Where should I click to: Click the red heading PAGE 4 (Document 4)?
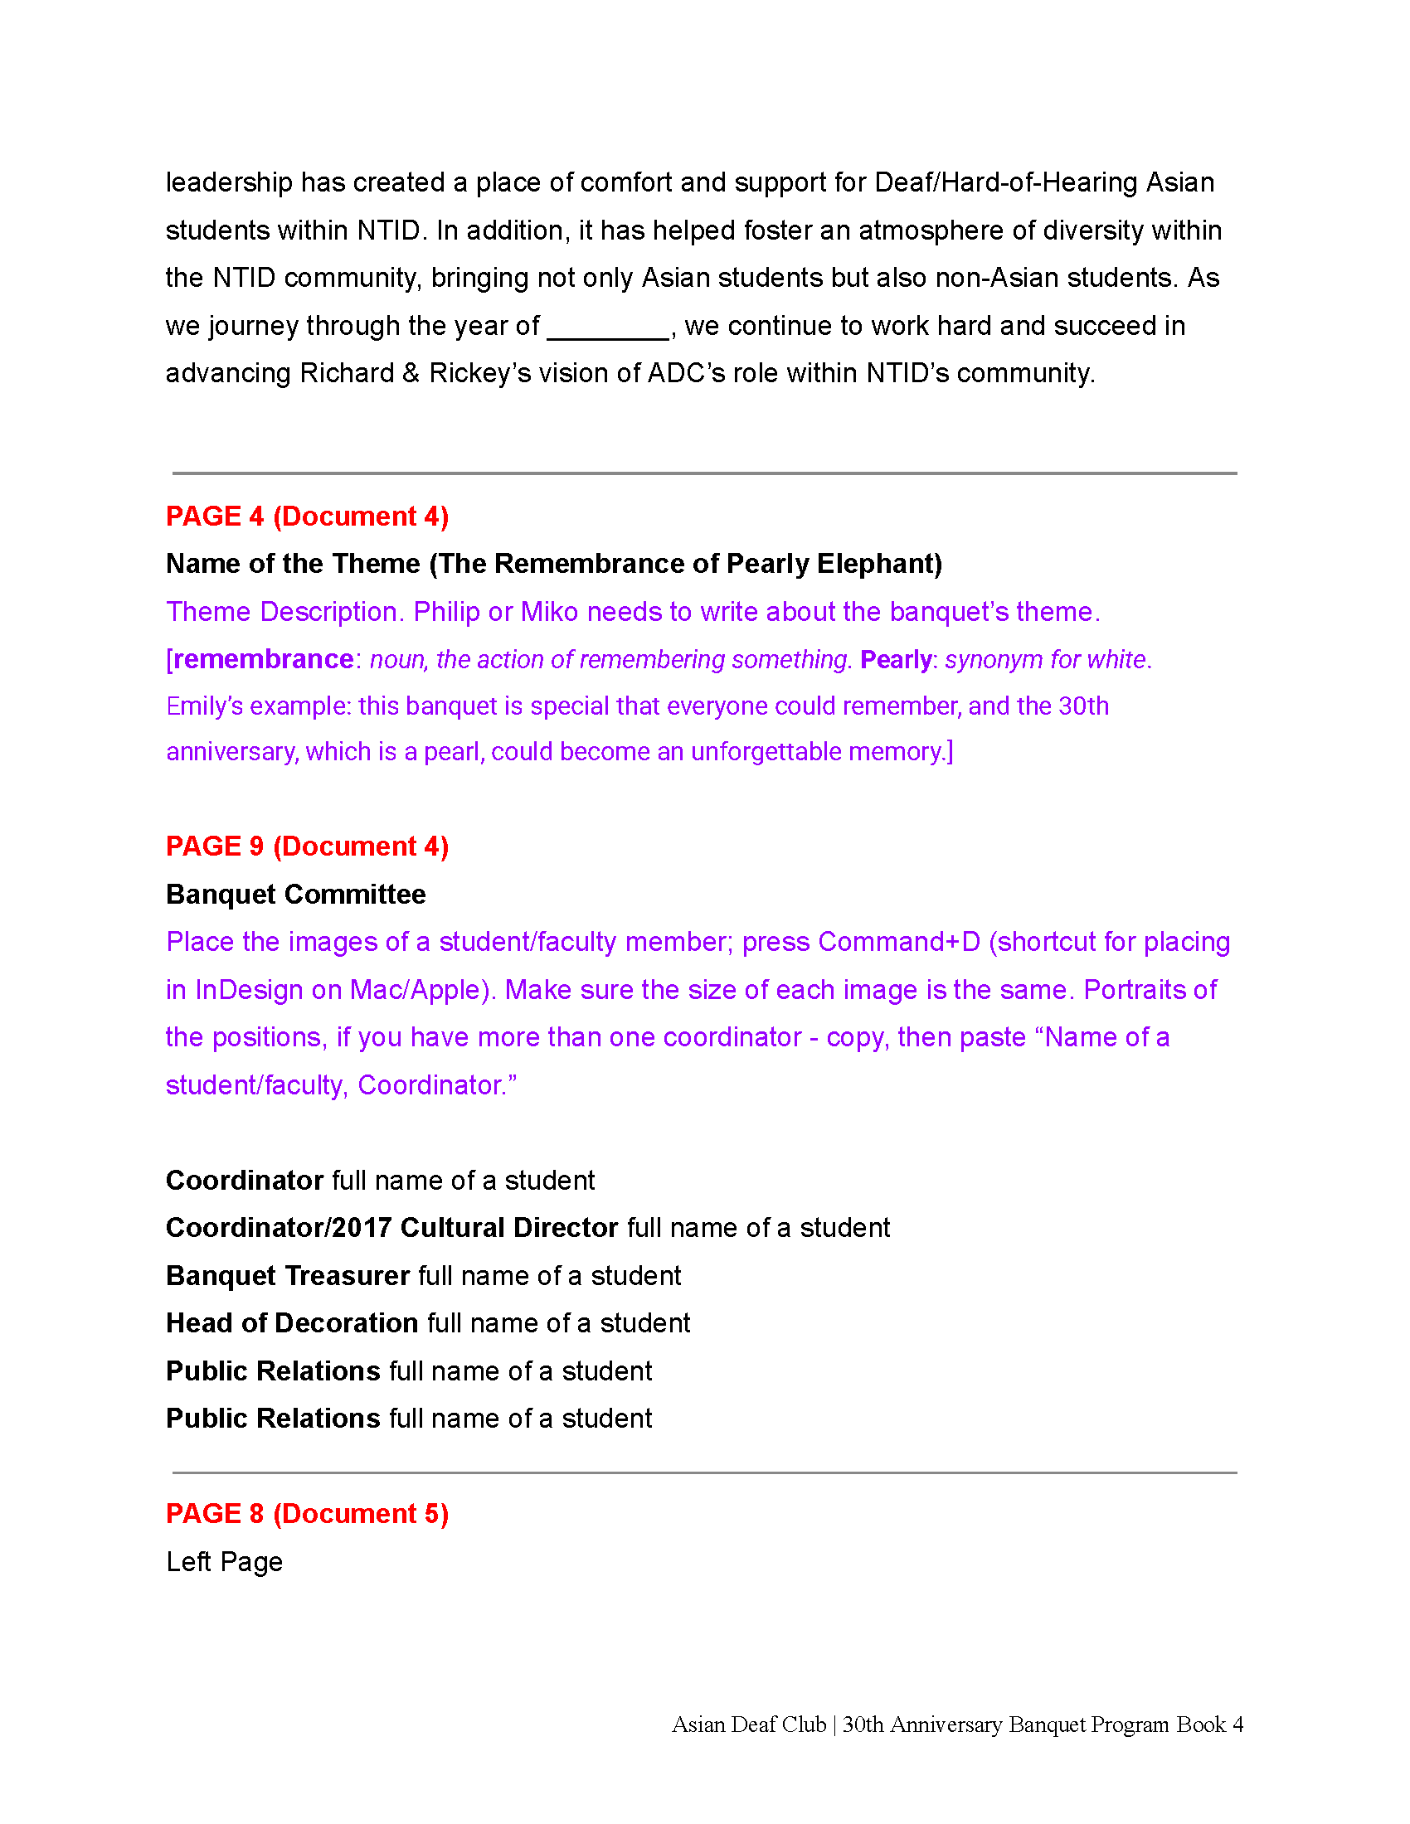(x=307, y=517)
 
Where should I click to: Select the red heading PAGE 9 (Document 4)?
(x=307, y=846)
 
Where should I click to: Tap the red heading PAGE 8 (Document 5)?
(x=307, y=1513)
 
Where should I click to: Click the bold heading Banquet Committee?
(x=296, y=895)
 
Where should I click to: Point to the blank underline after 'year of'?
(x=607, y=327)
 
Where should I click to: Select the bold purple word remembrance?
(x=263, y=659)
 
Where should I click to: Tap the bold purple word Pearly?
(x=896, y=659)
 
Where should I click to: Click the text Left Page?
(x=224, y=1562)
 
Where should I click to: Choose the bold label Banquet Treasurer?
(x=287, y=1275)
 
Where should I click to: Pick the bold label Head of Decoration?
(x=291, y=1323)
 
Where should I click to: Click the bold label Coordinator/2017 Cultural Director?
(x=391, y=1228)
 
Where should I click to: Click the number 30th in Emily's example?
(x=1083, y=706)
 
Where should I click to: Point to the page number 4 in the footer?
(x=1238, y=1725)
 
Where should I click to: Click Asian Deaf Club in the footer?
(x=748, y=1725)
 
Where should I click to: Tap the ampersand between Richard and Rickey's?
(x=410, y=373)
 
